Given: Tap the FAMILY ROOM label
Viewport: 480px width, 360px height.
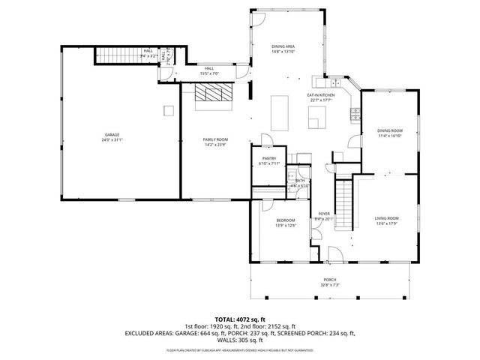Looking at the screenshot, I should (x=216, y=139).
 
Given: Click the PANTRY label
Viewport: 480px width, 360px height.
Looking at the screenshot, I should (x=268, y=158).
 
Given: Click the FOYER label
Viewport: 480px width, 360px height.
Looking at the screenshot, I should (x=325, y=214).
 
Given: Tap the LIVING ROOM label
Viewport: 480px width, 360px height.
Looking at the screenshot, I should (x=387, y=218).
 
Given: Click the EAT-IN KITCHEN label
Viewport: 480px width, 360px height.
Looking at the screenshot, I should (x=320, y=95).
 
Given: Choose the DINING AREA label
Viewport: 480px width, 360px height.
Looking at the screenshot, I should (x=283, y=46).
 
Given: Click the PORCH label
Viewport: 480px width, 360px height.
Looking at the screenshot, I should (x=330, y=280).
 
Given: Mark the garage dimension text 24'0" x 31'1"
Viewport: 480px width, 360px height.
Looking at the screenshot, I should (x=112, y=140).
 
